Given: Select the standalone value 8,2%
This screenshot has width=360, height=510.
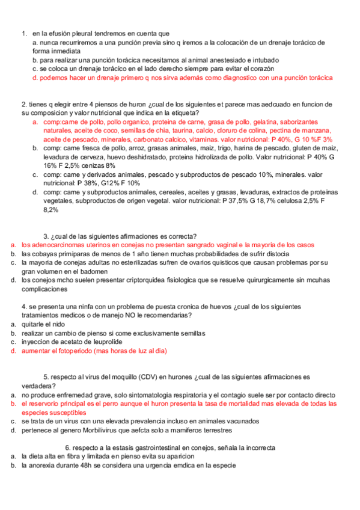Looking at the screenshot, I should tap(50, 209).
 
